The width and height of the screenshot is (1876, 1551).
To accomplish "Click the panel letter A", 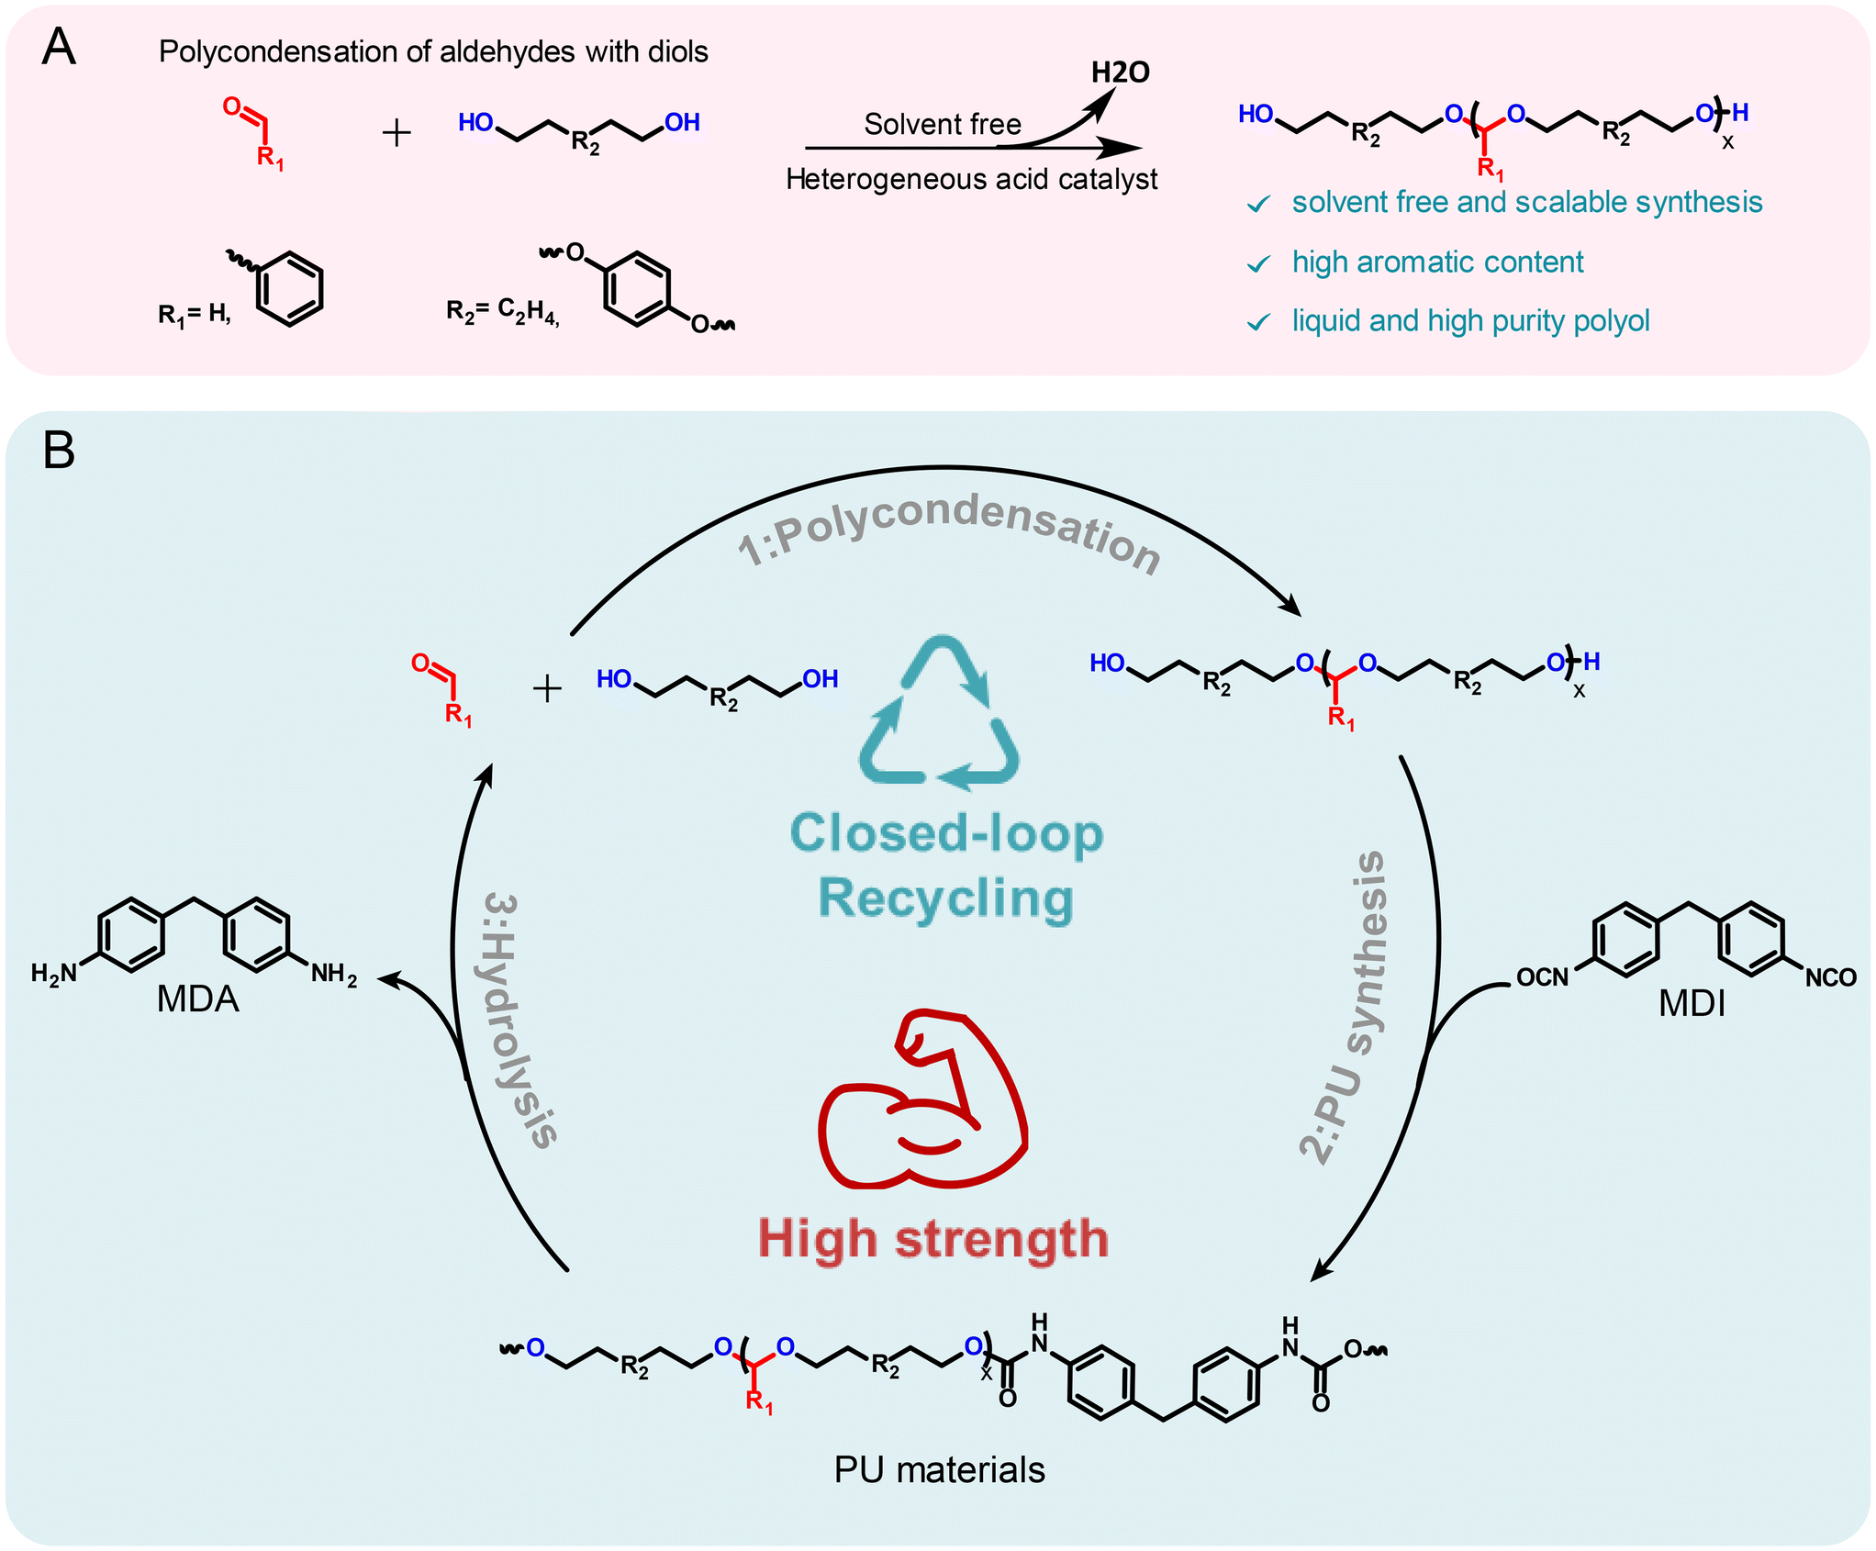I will pos(59,48).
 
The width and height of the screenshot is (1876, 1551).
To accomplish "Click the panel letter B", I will pos(59,451).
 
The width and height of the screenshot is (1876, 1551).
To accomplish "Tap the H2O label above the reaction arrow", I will pos(1120,73).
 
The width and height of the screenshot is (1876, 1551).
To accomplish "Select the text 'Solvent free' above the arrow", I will pos(942,124).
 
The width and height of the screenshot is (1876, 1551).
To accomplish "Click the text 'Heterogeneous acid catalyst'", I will pos(971,179).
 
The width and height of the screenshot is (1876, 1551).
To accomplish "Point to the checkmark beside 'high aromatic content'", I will pos(1258,264).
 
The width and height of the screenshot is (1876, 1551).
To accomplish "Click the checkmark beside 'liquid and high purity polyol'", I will pos(1258,322).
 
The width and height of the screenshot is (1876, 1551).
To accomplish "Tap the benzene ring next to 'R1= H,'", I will pos(289,288).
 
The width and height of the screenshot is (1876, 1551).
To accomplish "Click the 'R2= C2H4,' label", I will pos(502,312).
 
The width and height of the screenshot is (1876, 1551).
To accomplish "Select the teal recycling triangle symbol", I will pos(940,716).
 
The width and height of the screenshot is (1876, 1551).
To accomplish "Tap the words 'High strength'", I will pos(932,1239).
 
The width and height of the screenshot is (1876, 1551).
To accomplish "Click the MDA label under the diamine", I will pos(197,999).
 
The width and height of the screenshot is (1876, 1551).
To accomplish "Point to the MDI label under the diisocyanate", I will pos(1692,1003).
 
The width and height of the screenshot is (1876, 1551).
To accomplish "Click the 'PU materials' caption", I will pos(939,1470).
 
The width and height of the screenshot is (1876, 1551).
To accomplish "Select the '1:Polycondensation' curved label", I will pos(949,532).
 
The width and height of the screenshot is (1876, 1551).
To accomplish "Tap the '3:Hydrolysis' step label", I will pos(519,1019).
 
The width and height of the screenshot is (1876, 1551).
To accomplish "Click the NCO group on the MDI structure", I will pos(1830,978).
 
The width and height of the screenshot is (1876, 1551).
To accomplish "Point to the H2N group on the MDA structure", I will pos(53,974).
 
